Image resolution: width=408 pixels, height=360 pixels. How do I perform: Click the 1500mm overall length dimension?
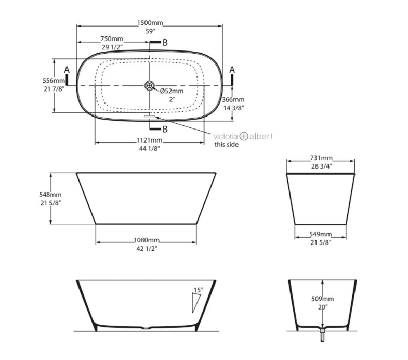pyautogui.click(x=150, y=23)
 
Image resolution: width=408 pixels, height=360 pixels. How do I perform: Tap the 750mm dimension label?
pyautogui.click(x=112, y=40)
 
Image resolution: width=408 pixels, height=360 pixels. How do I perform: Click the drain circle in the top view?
pyautogui.click(x=150, y=85)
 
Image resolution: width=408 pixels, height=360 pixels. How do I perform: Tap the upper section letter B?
pyautogui.click(x=165, y=43)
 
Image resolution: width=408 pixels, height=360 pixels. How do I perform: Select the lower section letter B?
pyautogui.click(x=165, y=129)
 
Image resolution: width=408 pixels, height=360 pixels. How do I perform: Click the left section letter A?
pyautogui.click(x=66, y=70)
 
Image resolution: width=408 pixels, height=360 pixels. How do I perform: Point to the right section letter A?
pyautogui.click(x=232, y=70)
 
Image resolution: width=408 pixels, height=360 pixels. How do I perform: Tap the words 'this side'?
pyautogui.click(x=227, y=145)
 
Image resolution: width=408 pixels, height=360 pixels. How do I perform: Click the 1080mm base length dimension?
pyautogui.click(x=147, y=240)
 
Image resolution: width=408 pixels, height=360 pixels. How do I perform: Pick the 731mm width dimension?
pyautogui.click(x=321, y=158)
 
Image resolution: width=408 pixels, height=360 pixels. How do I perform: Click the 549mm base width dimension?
pyautogui.click(x=321, y=235)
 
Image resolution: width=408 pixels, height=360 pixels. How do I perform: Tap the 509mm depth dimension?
pyautogui.click(x=323, y=299)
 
